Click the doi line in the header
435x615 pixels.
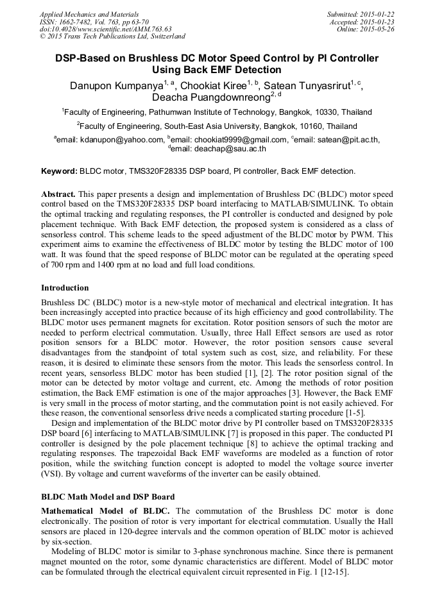[x=105, y=29]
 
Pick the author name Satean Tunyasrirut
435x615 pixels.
[x=307, y=86]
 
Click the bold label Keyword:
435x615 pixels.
[x=58, y=171]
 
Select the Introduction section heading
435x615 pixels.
[x=65, y=288]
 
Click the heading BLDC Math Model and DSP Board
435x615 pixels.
[x=108, y=497]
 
